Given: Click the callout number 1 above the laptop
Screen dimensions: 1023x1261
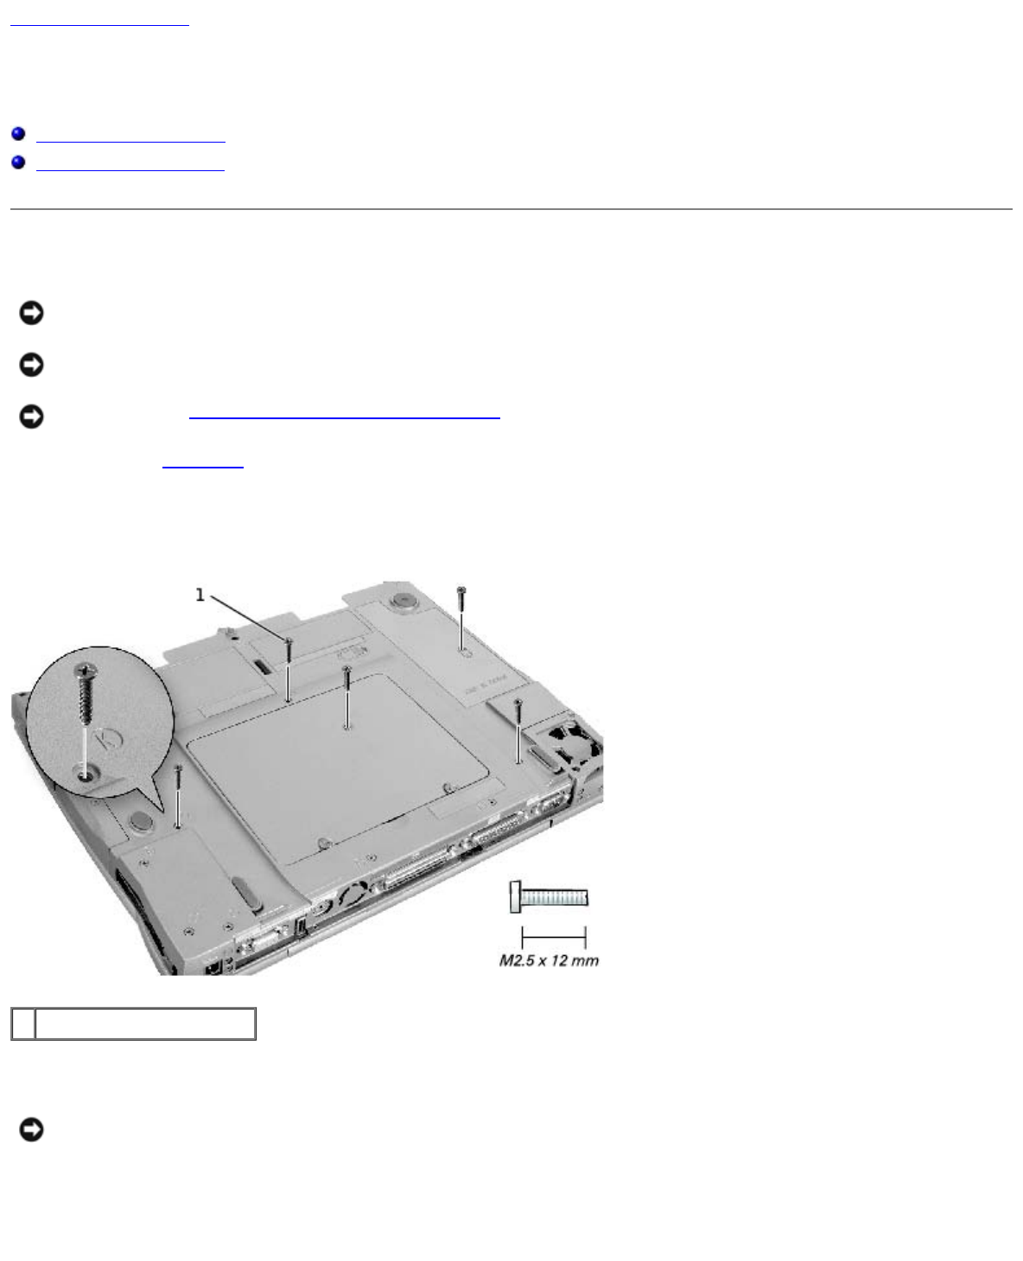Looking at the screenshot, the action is [x=200, y=595].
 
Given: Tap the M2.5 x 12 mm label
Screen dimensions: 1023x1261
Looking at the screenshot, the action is [x=549, y=959].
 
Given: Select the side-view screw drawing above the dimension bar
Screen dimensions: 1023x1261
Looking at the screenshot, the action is [x=549, y=897].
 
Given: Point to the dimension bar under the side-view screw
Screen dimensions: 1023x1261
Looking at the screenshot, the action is [x=554, y=937].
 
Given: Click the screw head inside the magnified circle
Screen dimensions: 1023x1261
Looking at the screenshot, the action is [x=86, y=670].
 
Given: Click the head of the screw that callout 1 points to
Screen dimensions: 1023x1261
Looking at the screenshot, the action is [x=289, y=640].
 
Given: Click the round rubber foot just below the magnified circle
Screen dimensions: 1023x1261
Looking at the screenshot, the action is [x=141, y=821].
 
